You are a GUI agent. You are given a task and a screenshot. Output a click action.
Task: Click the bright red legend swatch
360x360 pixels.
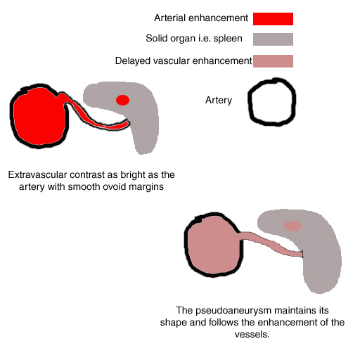tap(273, 19)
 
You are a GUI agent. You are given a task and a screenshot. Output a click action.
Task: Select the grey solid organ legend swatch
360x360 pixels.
tap(273, 39)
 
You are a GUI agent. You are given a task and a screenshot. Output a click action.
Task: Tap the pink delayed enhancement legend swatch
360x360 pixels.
tap(273, 61)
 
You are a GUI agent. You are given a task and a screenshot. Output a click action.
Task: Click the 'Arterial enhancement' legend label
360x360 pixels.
tap(201, 18)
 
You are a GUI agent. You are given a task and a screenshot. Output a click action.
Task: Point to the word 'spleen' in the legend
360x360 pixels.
tap(228, 39)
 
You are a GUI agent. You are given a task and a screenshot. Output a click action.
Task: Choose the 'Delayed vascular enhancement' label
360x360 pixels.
tap(184, 61)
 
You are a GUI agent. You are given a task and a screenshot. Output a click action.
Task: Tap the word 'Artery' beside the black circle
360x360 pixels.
tap(219, 101)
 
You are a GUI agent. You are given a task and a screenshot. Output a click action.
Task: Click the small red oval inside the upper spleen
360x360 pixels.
tap(122, 100)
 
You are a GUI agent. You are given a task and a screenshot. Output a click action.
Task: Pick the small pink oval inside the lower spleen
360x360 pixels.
tap(292, 226)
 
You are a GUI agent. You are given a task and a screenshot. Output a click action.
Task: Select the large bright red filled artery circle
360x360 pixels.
tap(39, 116)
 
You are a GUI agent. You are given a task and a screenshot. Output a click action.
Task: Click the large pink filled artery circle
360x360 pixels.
tap(213, 245)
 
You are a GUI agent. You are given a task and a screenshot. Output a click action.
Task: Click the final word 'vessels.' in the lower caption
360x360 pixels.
tap(252, 335)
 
